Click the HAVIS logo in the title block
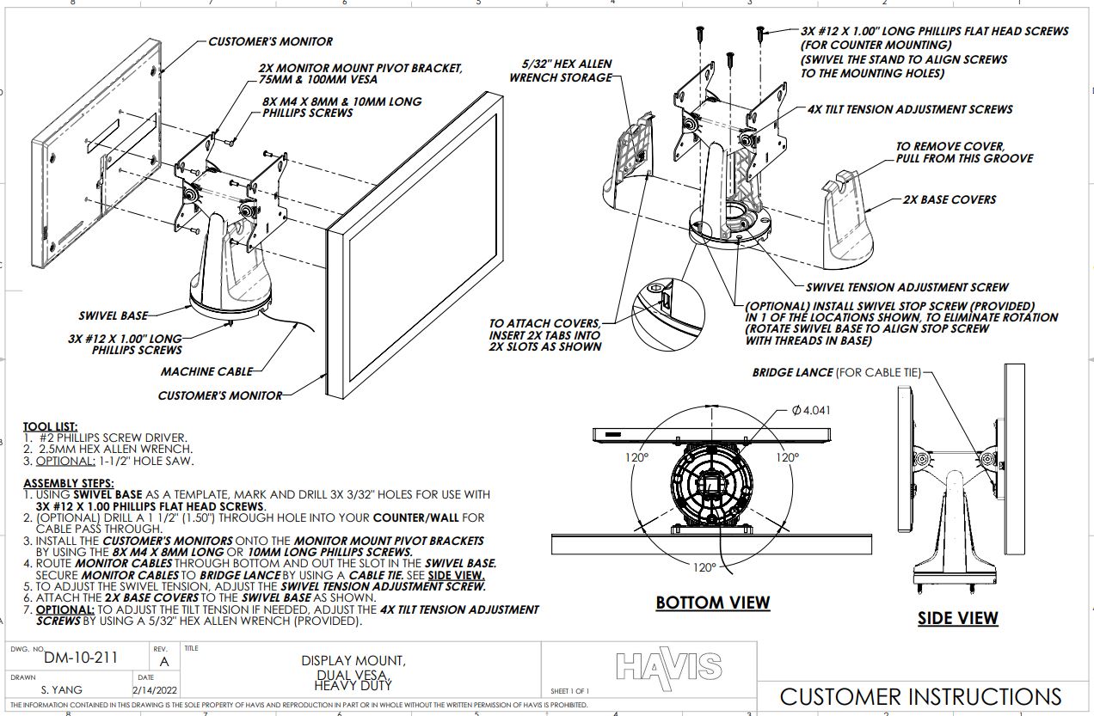coord(668,664)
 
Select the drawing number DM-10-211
coord(81,658)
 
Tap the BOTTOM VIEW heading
coord(713,603)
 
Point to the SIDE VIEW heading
coord(957,618)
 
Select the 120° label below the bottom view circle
coord(704,567)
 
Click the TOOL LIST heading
coord(50,426)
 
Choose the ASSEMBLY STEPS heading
coord(68,483)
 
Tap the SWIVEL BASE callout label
coord(113,315)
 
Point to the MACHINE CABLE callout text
coord(206,371)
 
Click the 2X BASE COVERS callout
coord(949,199)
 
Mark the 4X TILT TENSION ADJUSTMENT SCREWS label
coord(910,110)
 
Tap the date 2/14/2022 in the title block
coord(154,689)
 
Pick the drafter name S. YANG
coord(61,689)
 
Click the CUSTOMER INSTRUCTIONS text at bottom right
coord(920,696)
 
